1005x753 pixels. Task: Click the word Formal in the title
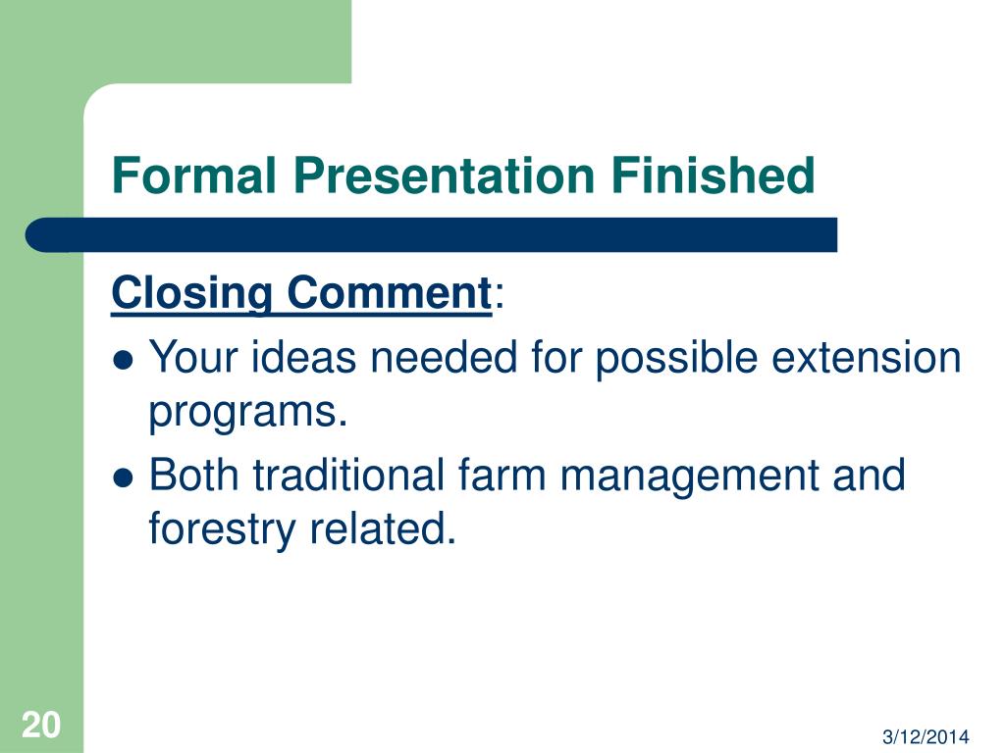point(194,175)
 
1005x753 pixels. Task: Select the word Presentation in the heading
point(444,175)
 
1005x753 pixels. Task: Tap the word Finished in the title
point(713,175)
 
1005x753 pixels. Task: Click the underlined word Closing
point(191,294)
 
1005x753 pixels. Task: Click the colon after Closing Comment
point(500,297)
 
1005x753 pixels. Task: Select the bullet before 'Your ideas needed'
point(123,361)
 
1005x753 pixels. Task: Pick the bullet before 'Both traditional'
point(123,477)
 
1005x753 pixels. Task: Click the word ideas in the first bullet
point(303,356)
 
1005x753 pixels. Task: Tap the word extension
point(866,356)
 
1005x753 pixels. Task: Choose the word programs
point(248,413)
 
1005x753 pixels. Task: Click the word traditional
point(348,475)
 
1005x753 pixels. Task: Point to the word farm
point(502,475)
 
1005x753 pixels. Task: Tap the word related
point(383,528)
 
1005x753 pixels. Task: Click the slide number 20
point(41,725)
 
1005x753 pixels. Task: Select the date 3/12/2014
point(926,737)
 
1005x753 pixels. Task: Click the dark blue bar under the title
point(431,235)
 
